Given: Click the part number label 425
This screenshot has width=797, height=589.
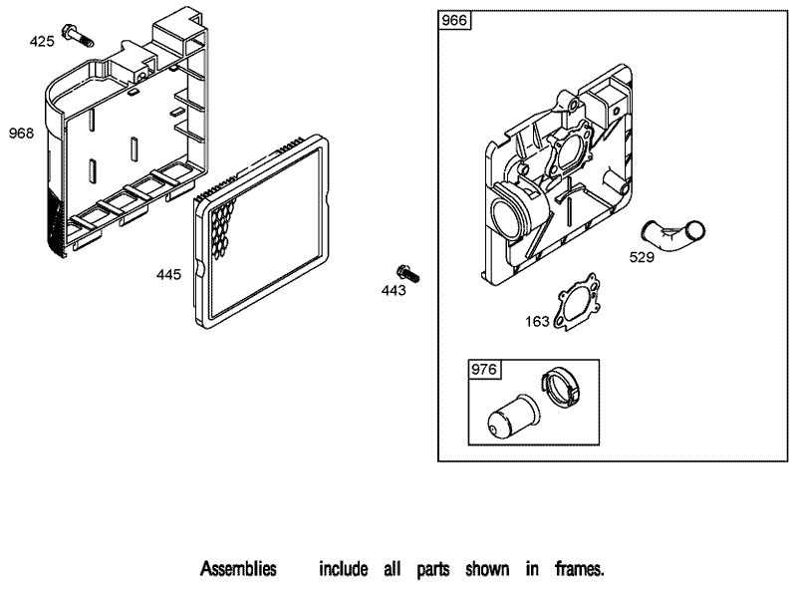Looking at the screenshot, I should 42,42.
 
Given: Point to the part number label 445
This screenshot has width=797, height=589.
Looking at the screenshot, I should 168,273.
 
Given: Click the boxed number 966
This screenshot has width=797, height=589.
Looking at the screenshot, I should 455,21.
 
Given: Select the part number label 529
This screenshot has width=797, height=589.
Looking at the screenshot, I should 642,256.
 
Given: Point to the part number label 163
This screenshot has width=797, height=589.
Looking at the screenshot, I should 538,321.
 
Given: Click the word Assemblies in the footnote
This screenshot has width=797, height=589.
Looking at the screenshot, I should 238,570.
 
